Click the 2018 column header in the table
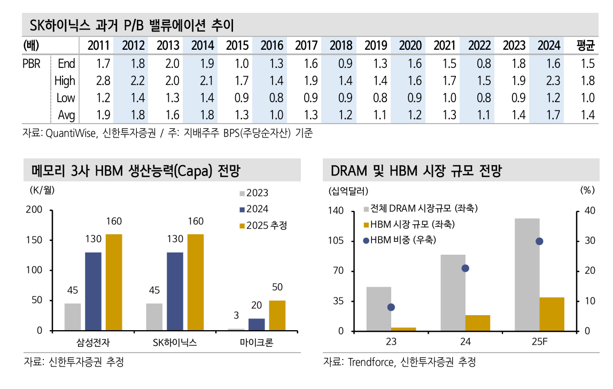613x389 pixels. tap(340, 45)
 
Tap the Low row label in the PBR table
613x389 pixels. tap(66, 98)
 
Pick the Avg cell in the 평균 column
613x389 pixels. tap(586, 115)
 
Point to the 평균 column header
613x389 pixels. tap(586, 45)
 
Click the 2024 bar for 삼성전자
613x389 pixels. tap(93, 291)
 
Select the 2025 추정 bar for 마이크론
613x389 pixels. tap(277, 315)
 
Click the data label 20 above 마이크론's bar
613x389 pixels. tap(257, 306)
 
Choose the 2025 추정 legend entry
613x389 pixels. tap(263, 226)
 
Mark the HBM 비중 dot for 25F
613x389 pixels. tap(539, 241)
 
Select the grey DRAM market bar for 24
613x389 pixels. tap(453, 293)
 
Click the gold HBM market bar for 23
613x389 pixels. tap(404, 329)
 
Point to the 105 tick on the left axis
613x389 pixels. tap(340, 241)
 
